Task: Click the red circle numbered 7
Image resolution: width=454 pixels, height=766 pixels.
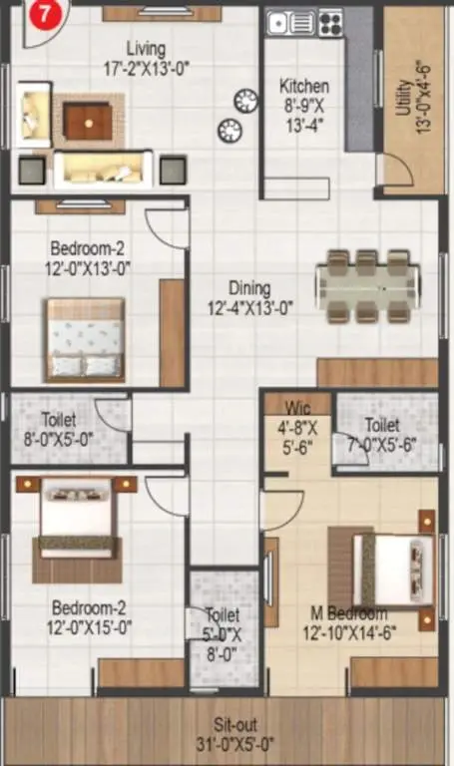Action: (x=45, y=14)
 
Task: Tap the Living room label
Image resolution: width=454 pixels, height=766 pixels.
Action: (x=146, y=49)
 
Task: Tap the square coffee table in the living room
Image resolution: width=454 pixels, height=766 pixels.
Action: (x=89, y=122)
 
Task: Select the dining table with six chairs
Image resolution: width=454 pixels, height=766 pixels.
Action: (x=368, y=286)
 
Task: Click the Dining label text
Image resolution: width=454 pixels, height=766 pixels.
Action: (x=249, y=288)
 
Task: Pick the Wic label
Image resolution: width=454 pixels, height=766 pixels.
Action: (x=297, y=408)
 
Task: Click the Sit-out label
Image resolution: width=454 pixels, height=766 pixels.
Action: (x=235, y=724)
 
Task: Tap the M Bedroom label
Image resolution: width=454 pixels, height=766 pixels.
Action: (x=349, y=612)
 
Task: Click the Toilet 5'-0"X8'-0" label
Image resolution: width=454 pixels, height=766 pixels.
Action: (x=223, y=634)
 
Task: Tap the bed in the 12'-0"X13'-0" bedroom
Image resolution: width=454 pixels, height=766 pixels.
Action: (x=85, y=340)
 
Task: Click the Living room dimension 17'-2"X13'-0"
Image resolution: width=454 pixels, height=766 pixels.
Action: (x=146, y=69)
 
